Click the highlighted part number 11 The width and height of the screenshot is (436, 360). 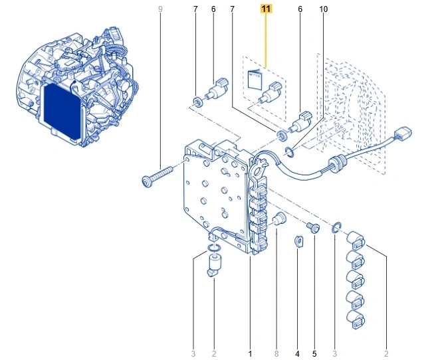click(x=266, y=9)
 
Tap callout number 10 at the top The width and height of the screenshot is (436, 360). click(x=323, y=9)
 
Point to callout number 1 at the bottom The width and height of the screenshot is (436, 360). click(x=250, y=353)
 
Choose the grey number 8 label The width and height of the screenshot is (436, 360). click(x=276, y=353)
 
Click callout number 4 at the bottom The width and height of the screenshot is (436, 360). click(x=297, y=353)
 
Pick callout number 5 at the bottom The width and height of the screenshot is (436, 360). click(x=314, y=353)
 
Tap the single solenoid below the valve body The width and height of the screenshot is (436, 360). click(x=215, y=266)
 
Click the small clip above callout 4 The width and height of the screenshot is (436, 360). click(x=298, y=240)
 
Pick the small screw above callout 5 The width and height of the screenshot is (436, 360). click(x=316, y=228)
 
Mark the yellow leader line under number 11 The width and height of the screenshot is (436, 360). click(x=266, y=40)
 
